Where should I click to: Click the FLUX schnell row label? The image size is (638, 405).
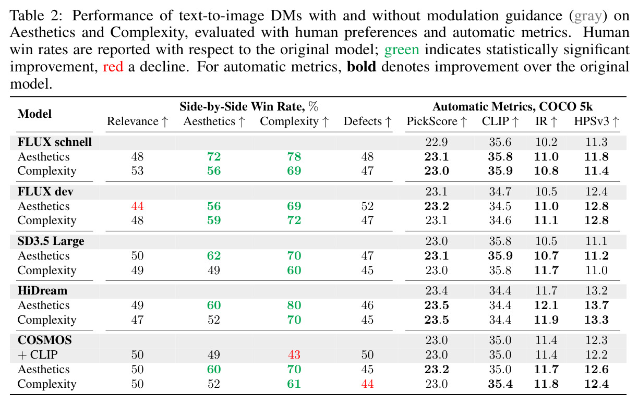tap(54, 142)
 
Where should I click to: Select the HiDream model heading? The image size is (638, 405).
tap(42, 290)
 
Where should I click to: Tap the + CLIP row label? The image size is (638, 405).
tap(38, 354)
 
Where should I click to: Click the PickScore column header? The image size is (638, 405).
tap(436, 121)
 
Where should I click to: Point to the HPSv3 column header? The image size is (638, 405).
tap(596, 121)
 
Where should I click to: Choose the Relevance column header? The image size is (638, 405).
tap(137, 121)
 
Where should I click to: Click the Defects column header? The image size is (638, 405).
tap(367, 121)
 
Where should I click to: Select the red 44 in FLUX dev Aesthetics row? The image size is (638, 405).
tap(137, 206)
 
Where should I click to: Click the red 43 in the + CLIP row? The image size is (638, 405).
tap(294, 354)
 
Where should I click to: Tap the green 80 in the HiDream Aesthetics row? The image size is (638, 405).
tap(294, 305)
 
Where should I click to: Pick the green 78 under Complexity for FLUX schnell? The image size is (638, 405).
tap(294, 156)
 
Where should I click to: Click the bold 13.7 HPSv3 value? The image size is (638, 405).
tap(596, 305)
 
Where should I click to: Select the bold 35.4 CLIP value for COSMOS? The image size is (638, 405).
tap(500, 384)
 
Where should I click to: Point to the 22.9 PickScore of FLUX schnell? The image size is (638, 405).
tap(436, 142)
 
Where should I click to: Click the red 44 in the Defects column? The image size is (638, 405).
tap(367, 384)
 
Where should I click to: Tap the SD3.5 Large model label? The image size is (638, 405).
tap(51, 241)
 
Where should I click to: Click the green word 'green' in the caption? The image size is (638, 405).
tap(402, 50)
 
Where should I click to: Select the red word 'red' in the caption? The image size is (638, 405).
tap(113, 67)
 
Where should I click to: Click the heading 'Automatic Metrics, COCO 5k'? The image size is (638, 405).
tap(512, 106)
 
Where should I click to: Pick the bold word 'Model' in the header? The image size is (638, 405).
tap(34, 114)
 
